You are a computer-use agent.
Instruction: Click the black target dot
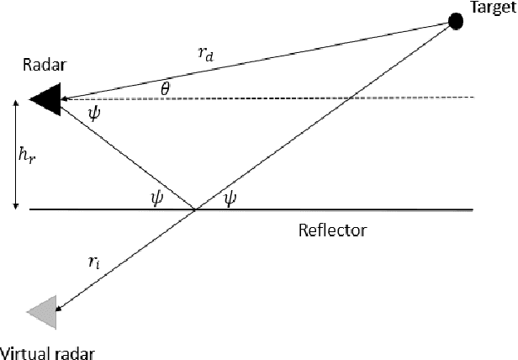point(455,21)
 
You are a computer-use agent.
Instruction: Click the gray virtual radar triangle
point(41,312)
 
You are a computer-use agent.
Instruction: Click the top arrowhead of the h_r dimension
point(16,103)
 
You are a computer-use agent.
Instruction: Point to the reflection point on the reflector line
point(196,209)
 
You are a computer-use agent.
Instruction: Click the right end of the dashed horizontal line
point(474,98)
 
